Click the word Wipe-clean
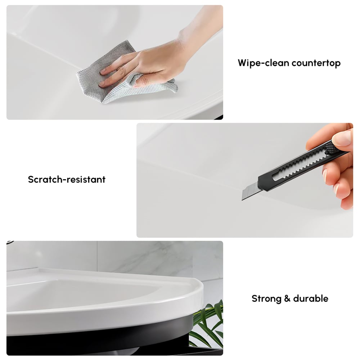tap(263, 63)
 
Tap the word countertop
tap(316, 63)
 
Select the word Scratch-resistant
tap(67, 179)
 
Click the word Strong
tap(266, 298)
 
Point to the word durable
tap(311, 298)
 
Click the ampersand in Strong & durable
tap(287, 298)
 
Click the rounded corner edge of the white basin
tap(197, 291)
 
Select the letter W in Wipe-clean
tap(243, 63)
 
